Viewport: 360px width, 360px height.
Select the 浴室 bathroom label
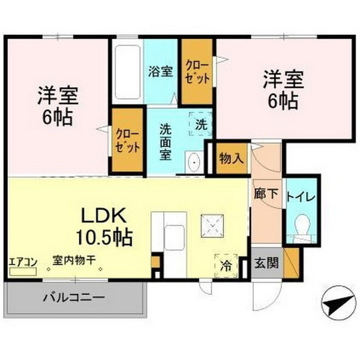(160, 72)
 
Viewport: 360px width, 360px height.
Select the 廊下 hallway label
(266, 193)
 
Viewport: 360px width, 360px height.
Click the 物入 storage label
(231, 157)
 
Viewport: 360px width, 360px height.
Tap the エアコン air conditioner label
(23, 262)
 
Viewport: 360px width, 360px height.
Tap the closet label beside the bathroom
(197, 72)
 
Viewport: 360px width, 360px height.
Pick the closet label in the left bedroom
(128, 141)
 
